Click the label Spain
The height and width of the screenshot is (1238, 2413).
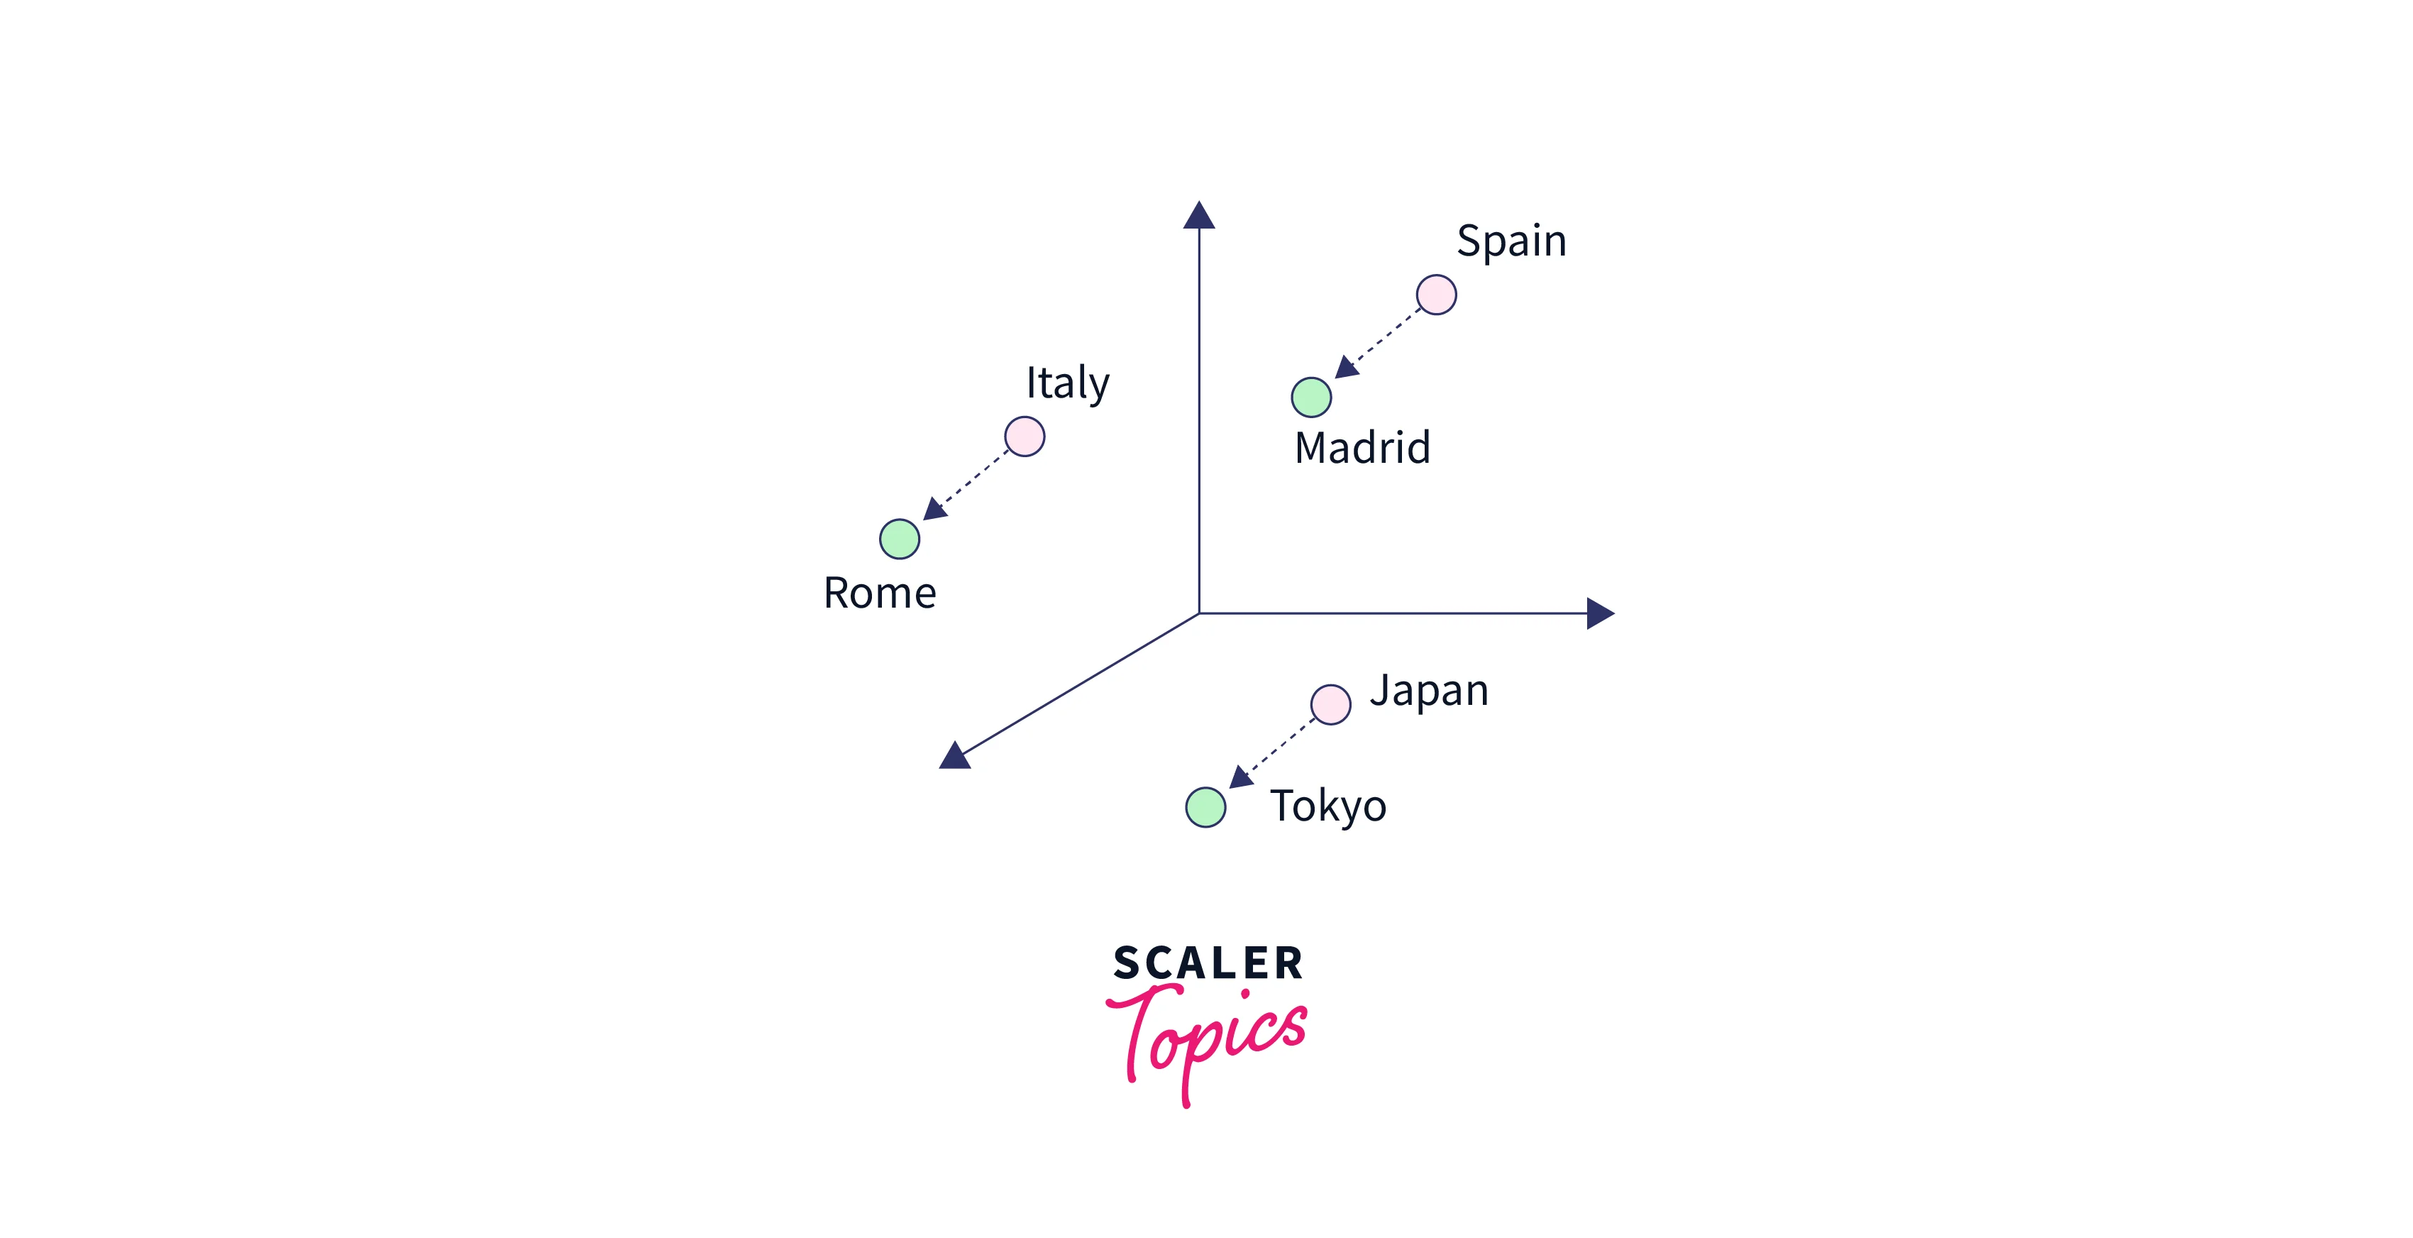point(1511,242)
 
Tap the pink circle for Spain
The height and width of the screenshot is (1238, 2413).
point(1436,295)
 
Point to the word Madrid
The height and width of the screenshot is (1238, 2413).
point(1362,448)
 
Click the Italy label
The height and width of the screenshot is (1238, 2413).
point(1067,383)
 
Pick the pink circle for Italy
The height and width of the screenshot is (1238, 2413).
point(1025,437)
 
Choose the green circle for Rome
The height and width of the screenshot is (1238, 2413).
point(899,539)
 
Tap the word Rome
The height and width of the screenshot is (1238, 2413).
point(880,593)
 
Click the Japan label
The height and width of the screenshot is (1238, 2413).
point(1428,691)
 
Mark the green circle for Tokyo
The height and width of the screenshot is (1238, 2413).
point(1205,807)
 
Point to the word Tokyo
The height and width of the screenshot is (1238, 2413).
point(1328,806)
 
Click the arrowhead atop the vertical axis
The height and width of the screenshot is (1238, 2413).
point(1199,217)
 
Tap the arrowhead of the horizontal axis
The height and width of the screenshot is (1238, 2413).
point(1599,614)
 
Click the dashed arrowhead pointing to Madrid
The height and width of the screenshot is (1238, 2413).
point(1346,368)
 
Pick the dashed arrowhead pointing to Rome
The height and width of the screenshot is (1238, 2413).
point(935,509)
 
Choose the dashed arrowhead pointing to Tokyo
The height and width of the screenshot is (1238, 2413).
point(1240,777)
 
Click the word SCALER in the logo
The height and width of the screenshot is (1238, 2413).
point(1208,964)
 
